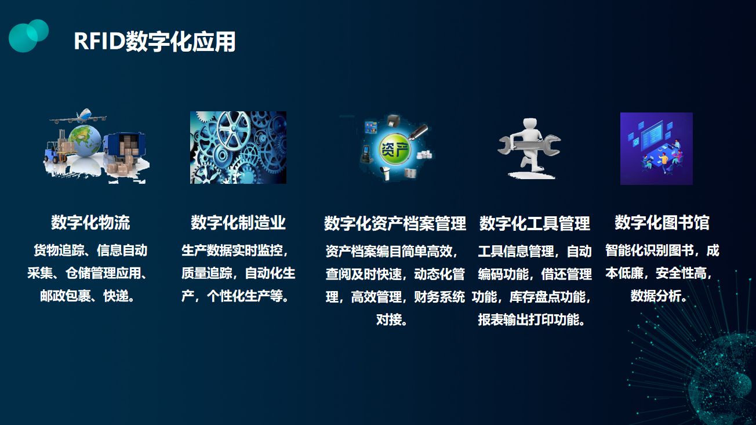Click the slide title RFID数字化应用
[155, 42]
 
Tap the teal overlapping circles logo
[28, 36]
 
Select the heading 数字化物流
[90, 223]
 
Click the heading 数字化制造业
[238, 223]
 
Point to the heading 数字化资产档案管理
[395, 223]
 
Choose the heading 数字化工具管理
[535, 223]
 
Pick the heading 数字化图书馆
[662, 223]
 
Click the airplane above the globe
[78, 117]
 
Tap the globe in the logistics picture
[85, 140]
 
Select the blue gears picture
[238, 147]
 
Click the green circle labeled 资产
[395, 149]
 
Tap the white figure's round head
[530, 124]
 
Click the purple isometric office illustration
[656, 148]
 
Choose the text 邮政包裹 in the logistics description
[66, 296]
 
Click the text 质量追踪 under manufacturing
[206, 274]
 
